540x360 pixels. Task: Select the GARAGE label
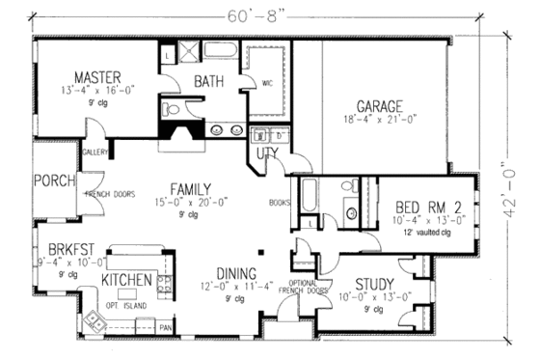(x=379, y=105)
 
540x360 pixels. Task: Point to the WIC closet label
(x=267, y=83)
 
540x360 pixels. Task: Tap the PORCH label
(x=49, y=180)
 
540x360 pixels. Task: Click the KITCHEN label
(x=126, y=280)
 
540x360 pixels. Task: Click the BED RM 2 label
(x=431, y=205)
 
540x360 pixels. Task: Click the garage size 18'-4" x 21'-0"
(x=379, y=122)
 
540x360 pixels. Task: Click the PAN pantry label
(x=165, y=328)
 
